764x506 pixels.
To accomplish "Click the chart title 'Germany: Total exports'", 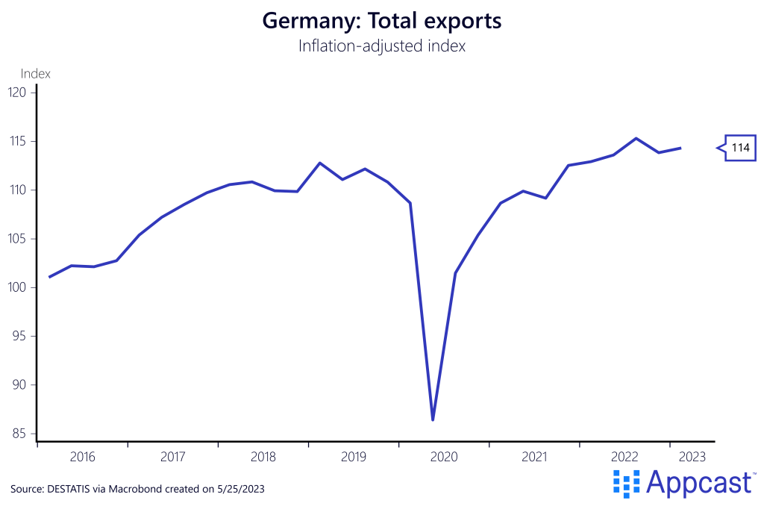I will coord(381,21).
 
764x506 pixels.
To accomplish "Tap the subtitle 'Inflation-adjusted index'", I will coord(381,46).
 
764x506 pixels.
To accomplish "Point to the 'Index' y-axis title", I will coord(35,73).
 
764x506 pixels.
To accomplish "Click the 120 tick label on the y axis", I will coord(18,93).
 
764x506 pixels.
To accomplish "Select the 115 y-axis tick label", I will coord(18,141).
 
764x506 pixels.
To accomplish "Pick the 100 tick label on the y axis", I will coord(18,287).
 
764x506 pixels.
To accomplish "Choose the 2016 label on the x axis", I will coord(82,456).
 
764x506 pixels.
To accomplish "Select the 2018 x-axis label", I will coord(263,456).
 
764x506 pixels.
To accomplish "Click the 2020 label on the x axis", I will coord(444,456).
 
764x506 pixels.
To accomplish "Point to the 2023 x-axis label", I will coord(689,456).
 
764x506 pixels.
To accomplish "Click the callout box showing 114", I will coord(740,148).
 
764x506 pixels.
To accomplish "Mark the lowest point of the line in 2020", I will coord(433,420).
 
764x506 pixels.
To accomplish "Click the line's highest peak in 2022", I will coord(636,138).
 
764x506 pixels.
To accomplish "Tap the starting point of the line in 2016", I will coord(49,277).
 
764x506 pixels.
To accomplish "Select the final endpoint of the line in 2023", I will coord(680,148).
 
